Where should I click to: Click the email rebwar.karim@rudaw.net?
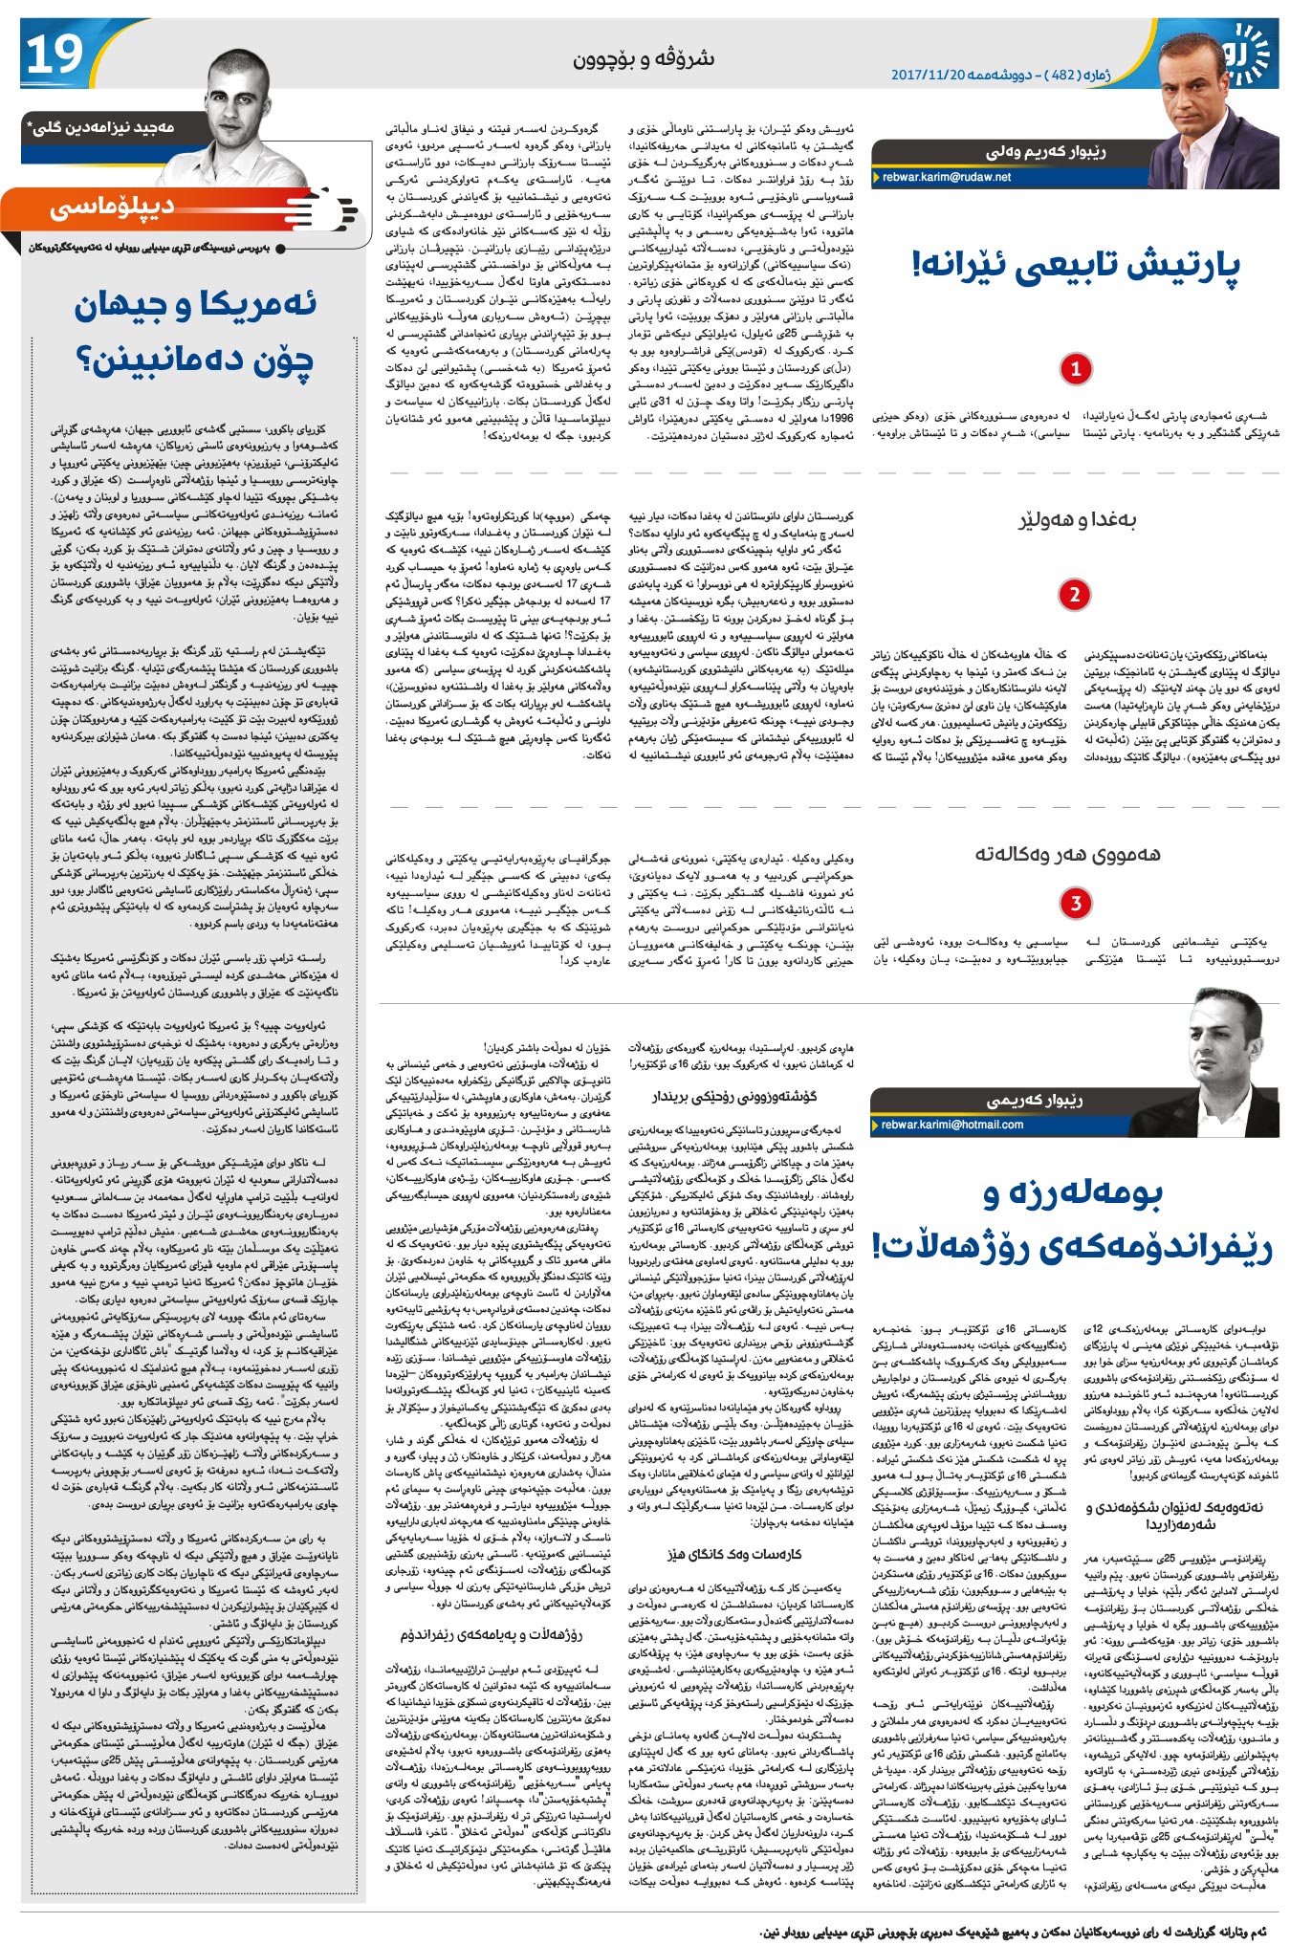[946, 177]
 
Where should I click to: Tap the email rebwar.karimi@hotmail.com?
[951, 1125]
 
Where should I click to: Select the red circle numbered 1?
[1075, 368]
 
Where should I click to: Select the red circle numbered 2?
[1075, 594]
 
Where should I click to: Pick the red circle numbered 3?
[1075, 903]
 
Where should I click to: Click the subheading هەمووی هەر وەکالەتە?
[1067, 854]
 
